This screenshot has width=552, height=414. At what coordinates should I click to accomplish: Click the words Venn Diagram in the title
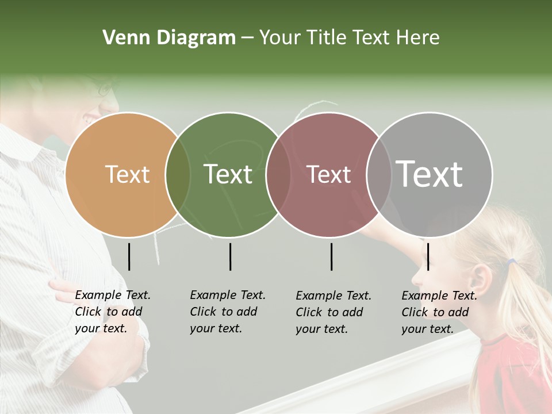coord(169,38)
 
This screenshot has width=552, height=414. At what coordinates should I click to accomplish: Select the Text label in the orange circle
coord(128,174)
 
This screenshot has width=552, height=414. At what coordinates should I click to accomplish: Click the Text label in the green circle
coord(228,174)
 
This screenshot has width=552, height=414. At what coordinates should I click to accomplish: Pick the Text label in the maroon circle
coord(328,174)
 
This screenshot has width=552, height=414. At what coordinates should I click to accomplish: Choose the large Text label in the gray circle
coord(430,174)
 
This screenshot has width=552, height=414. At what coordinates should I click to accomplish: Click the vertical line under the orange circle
coord(129,256)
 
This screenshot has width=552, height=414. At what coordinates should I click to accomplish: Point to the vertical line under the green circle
coord(230,256)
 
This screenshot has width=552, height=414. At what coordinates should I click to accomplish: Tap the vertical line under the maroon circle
coord(331,256)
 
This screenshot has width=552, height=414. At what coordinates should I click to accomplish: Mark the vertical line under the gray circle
coord(428,256)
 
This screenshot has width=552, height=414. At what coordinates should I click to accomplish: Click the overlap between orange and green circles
coord(178,174)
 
